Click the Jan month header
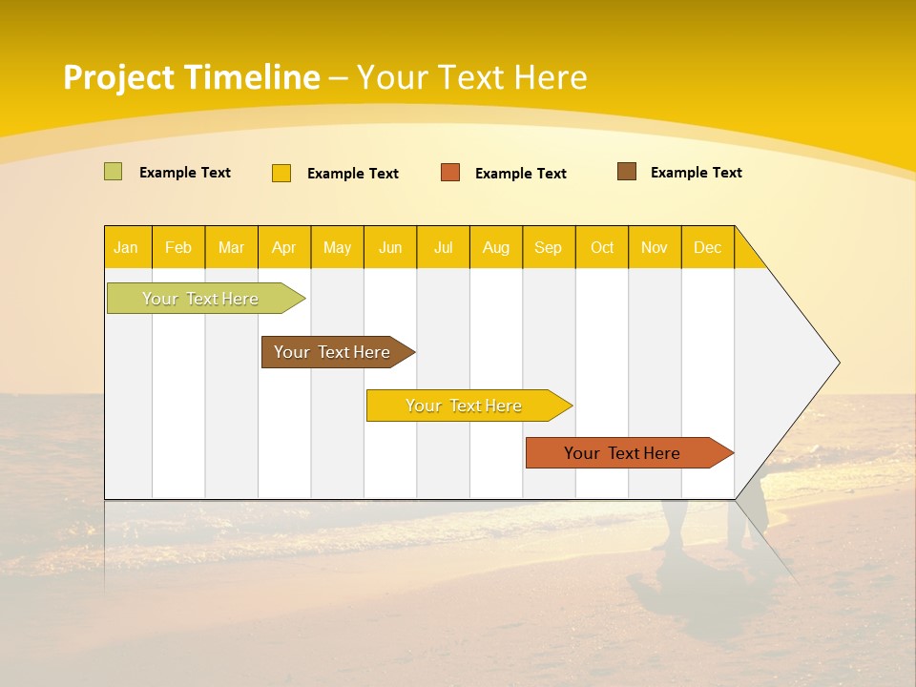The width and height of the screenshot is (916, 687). click(126, 247)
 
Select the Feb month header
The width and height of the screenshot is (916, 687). click(178, 247)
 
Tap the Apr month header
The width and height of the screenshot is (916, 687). click(283, 247)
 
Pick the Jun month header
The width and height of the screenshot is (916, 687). click(390, 247)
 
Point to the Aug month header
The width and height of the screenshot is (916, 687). click(495, 247)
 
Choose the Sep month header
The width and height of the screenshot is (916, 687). click(548, 247)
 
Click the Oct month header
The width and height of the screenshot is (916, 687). click(602, 247)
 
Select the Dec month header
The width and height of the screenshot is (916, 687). click(707, 247)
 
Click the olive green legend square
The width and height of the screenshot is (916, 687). click(113, 172)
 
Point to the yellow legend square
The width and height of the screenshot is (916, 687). click(281, 173)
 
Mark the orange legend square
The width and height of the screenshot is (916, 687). click(450, 173)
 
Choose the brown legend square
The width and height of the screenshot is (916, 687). click(627, 172)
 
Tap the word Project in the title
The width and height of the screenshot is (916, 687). click(118, 77)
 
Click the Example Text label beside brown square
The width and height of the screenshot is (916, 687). click(696, 173)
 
